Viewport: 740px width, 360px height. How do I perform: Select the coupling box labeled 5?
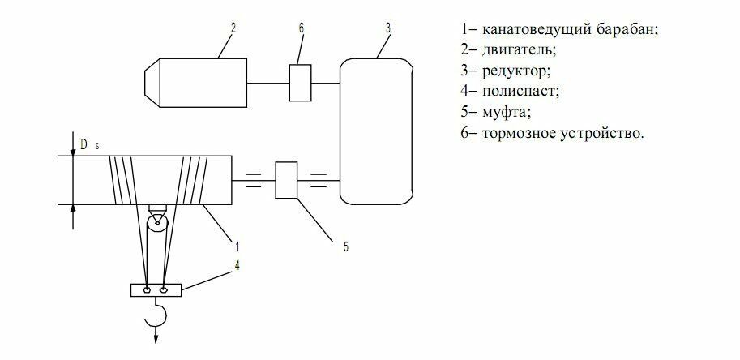(287, 180)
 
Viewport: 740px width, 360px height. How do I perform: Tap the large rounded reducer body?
(379, 130)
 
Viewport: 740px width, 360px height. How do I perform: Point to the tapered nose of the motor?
(152, 83)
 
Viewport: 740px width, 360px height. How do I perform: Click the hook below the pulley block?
(157, 314)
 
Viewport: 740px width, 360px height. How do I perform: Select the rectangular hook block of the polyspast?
(156, 289)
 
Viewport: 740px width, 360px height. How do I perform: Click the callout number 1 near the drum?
(237, 242)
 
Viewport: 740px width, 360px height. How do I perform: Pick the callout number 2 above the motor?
(232, 28)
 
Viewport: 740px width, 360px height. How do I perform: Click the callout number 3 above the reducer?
(388, 28)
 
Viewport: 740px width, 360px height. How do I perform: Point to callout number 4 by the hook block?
(237, 263)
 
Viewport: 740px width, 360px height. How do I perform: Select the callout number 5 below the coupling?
(346, 246)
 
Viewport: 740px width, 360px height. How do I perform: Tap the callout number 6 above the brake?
(301, 28)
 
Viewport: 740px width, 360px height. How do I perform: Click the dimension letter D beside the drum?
(84, 144)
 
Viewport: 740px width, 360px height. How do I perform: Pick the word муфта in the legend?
(502, 112)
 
